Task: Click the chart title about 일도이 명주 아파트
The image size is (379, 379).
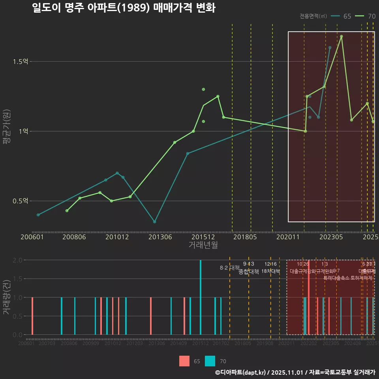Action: pos(124,8)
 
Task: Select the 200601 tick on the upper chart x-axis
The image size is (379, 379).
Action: pos(32,237)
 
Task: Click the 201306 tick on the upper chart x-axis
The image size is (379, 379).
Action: pos(160,237)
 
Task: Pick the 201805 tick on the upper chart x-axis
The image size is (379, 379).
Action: pos(245,237)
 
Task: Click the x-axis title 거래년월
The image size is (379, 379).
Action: pos(203,245)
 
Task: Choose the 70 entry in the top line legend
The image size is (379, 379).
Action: pos(366,16)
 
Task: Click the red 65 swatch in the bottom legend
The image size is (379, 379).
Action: pos(184,361)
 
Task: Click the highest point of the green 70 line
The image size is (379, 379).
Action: pos(341,36)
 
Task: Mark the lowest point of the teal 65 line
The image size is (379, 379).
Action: pos(155,222)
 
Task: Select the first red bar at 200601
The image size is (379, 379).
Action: pos(32,316)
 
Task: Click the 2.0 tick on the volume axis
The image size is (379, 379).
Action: pos(18,260)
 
